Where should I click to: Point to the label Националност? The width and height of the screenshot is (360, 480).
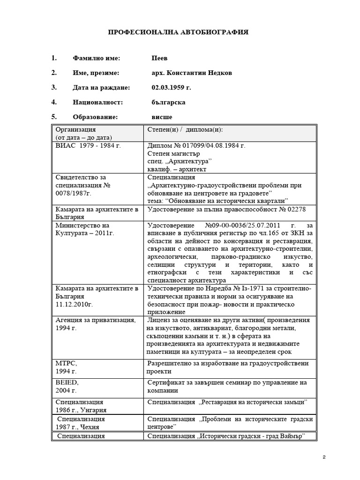point(97,102)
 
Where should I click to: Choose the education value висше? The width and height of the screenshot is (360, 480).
point(159,116)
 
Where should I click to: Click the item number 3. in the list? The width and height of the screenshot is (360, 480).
point(54,87)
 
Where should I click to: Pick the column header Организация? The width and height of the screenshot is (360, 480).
point(76,129)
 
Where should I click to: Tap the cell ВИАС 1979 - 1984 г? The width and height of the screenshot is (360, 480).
point(88,146)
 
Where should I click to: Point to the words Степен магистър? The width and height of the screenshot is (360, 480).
point(174,153)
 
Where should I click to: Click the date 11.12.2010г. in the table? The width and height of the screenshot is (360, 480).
point(75,304)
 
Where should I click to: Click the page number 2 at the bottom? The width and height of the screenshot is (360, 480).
point(324,457)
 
